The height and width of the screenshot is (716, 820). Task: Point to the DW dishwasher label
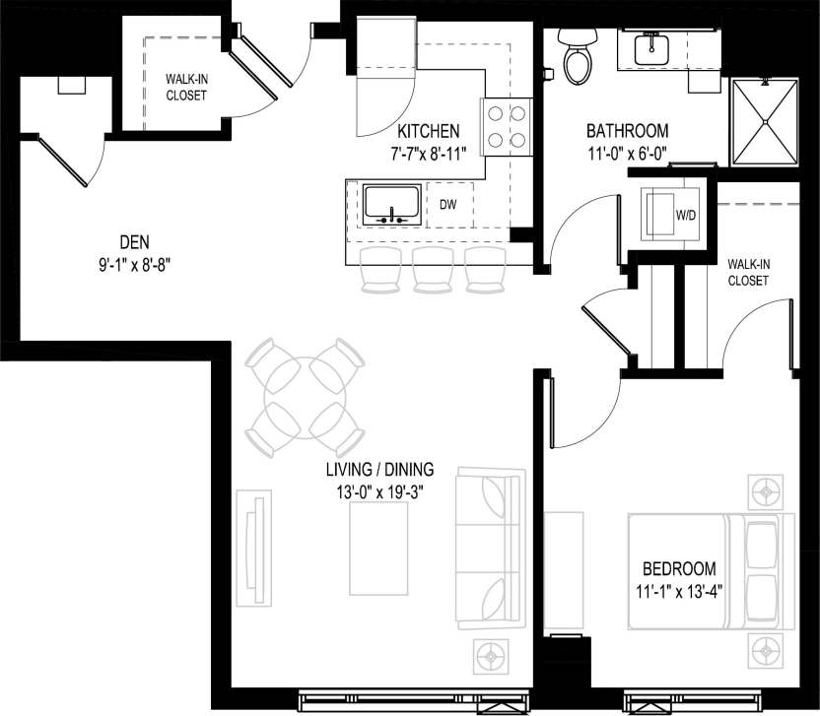(x=447, y=205)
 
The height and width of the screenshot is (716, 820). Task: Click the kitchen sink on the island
(x=391, y=204)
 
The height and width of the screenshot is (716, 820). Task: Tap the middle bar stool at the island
(x=431, y=269)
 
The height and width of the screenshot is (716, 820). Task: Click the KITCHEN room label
(x=428, y=131)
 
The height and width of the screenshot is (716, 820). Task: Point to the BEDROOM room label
(x=678, y=568)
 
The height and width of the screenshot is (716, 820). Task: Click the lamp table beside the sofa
(x=490, y=652)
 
